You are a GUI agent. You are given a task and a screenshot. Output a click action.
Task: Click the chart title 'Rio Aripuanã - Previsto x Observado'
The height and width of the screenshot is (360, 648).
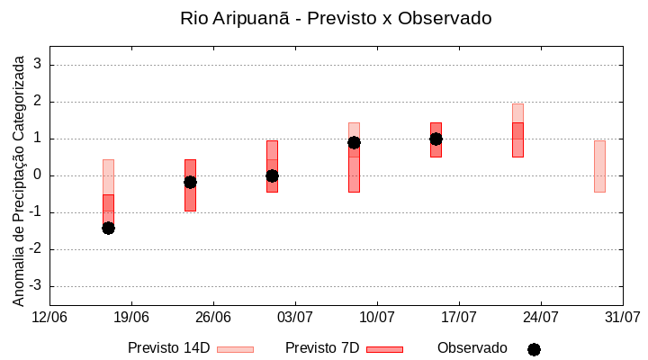[336, 18]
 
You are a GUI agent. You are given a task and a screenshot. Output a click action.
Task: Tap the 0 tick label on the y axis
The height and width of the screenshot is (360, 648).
[38, 175]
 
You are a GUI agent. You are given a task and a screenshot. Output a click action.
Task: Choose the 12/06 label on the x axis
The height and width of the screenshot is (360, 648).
[49, 318]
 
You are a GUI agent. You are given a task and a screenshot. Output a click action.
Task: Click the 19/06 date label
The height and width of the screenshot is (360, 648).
[131, 318]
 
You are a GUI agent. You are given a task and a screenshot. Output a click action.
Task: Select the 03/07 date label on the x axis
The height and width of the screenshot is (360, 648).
[295, 318]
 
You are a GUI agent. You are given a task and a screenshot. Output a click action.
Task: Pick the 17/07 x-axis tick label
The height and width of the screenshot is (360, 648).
[459, 318]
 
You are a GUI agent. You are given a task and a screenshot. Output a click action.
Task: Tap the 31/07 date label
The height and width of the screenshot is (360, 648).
[622, 318]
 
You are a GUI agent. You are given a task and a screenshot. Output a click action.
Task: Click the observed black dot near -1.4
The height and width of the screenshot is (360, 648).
[108, 228]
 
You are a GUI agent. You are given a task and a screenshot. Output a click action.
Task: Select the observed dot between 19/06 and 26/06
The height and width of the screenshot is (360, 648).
[190, 182]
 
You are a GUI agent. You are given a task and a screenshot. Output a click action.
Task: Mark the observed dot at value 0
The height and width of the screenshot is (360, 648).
[272, 175]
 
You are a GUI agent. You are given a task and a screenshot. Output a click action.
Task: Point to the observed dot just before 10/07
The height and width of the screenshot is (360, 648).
[354, 142]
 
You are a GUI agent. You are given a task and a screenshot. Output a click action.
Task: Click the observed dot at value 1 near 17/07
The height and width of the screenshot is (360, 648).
[436, 139]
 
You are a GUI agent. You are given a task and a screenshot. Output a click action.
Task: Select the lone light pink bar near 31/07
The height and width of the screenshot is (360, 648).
[599, 166]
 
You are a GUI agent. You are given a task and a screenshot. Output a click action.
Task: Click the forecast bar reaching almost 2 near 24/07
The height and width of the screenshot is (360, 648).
[517, 130]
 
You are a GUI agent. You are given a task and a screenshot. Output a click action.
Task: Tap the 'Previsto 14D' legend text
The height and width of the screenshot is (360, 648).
[168, 348]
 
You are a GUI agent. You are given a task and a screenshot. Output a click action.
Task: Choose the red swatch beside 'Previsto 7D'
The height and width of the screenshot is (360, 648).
[384, 349]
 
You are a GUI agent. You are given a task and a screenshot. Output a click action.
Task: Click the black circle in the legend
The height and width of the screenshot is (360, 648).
[534, 349]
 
